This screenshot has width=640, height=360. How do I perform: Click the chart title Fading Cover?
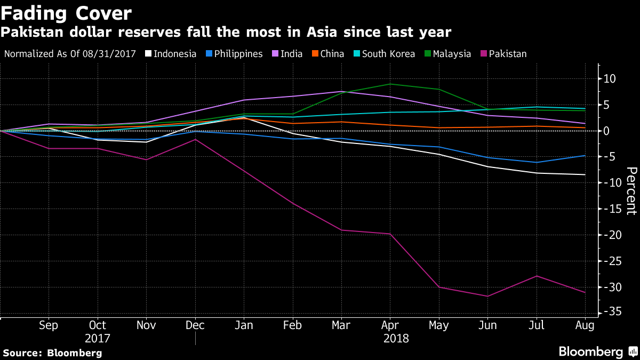[66, 12]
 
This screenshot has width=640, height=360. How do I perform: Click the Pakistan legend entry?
[503, 54]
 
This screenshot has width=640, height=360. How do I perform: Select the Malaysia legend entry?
[447, 54]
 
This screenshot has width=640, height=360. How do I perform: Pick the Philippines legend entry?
[235, 54]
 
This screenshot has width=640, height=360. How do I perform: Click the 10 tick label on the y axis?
[610, 79]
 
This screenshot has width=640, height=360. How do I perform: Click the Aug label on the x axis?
[585, 325]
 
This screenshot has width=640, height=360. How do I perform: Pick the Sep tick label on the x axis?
[49, 325]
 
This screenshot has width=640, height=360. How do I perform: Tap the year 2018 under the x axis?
[395, 339]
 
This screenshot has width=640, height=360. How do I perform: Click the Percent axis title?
[631, 190]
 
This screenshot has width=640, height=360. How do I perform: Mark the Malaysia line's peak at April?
[390, 84]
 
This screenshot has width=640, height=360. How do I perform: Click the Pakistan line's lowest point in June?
[487, 296]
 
